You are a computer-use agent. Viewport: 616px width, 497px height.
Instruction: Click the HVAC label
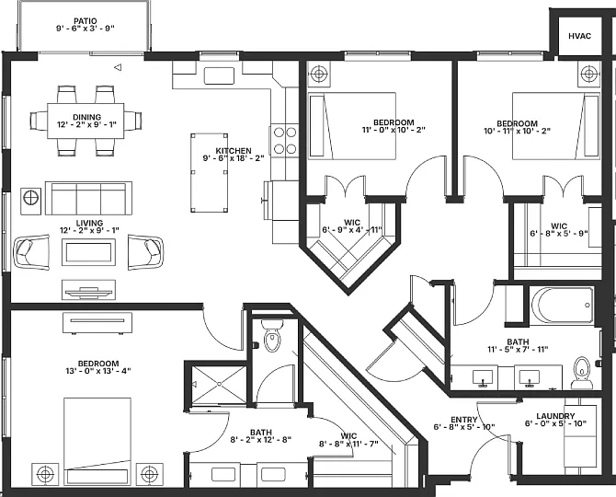pos(579,36)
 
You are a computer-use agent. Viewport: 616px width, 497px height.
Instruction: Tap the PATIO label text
pos(86,21)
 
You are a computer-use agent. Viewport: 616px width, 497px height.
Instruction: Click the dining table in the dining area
pos(86,121)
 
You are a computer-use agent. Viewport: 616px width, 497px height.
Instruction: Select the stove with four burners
pos(284,141)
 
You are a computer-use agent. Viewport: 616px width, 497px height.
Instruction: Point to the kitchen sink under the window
pos(219,75)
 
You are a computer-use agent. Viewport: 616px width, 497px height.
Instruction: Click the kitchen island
pos(210,173)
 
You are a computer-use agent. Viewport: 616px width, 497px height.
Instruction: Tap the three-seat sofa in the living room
pos(88,198)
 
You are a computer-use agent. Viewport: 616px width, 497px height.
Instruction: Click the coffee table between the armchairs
pos(88,252)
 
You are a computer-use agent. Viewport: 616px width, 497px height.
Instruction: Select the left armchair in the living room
pos(32,252)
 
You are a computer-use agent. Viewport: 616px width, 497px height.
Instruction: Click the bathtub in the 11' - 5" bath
pos(562,306)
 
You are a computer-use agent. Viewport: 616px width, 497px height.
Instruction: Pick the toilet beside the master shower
pos(272,335)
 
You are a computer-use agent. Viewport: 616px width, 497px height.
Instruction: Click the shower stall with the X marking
pos(218,385)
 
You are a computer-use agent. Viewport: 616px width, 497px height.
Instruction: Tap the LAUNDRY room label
pos(555,416)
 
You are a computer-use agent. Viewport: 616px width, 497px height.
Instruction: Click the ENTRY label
pos(464,420)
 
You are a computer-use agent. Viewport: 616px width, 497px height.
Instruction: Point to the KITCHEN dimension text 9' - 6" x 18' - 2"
pos(234,158)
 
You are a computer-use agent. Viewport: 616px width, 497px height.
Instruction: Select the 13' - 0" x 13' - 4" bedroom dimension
pos(98,371)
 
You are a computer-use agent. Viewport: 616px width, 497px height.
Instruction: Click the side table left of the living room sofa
pos(30,201)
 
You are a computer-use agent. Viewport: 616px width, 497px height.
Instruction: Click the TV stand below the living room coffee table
pos(88,290)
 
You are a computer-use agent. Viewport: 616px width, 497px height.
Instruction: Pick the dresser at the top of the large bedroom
pos(97,322)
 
